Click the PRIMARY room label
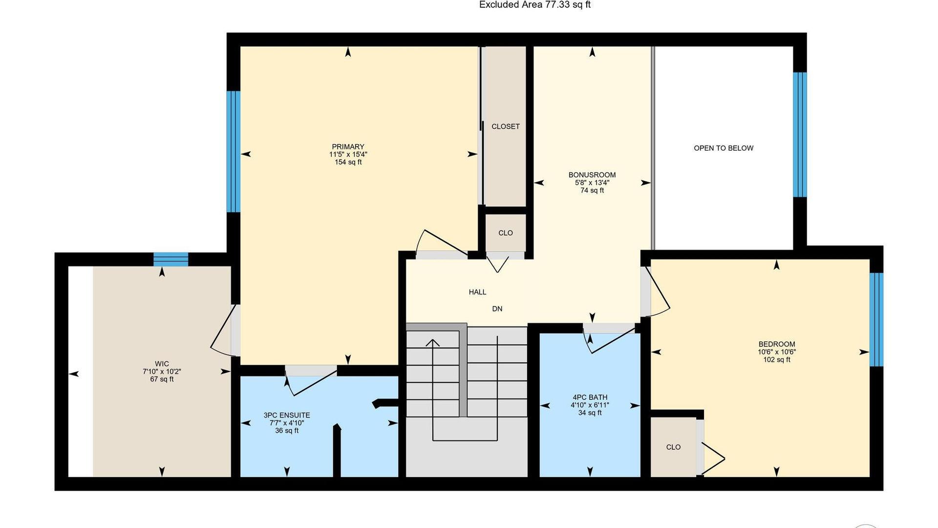click(x=348, y=147)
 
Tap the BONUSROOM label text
click(x=592, y=175)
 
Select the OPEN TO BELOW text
click(x=724, y=148)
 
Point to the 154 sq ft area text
click(x=348, y=162)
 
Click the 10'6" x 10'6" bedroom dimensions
click(x=777, y=352)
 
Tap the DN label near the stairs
click(x=497, y=309)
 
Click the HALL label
click(x=477, y=292)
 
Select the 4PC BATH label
click(x=590, y=397)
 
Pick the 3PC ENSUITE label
click(x=287, y=416)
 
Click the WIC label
click(x=162, y=364)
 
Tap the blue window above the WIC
click(x=171, y=260)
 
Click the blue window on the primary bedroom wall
click(x=234, y=152)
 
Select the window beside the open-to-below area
click(x=800, y=134)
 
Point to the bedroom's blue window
click(x=876, y=319)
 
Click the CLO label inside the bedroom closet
click(x=673, y=447)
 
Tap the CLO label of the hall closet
click(x=506, y=233)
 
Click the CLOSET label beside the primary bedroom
click(x=506, y=127)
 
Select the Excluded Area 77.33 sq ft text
click(x=535, y=5)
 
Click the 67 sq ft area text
click(x=162, y=379)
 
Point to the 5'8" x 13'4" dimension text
click(x=592, y=183)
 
